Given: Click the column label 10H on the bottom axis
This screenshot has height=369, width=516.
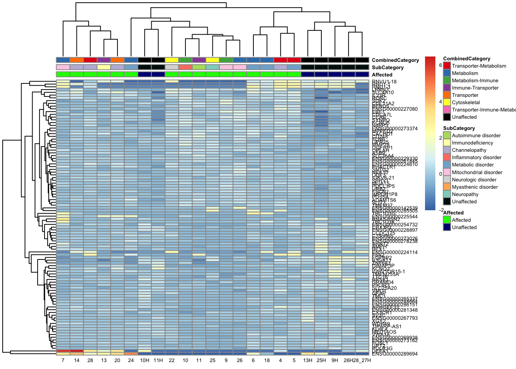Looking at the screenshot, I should (144, 361).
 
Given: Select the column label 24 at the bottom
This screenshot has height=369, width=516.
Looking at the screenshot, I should (131, 361).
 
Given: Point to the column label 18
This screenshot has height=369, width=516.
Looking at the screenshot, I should (267, 361).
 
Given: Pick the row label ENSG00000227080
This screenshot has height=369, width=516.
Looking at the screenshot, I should (395, 109).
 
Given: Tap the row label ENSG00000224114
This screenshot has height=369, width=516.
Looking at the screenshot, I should (395, 253).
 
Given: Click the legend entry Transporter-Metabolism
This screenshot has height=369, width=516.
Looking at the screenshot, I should (479, 66).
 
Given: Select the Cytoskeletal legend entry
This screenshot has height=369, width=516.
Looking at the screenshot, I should (466, 103).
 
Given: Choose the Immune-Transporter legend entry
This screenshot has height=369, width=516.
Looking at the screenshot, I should (475, 88).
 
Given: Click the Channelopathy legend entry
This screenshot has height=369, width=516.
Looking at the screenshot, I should (469, 150).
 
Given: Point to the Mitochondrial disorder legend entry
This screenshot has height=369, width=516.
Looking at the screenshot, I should (477, 173).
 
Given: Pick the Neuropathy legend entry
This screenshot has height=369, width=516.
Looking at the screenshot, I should (465, 194).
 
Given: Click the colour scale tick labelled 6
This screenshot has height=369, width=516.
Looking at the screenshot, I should (440, 65).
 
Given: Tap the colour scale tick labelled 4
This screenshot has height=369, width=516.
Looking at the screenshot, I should (440, 102).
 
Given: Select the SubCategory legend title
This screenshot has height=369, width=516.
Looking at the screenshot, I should (459, 128).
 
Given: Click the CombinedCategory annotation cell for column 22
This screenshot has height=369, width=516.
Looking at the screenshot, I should (172, 60).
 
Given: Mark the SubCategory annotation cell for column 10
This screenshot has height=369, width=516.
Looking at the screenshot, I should (185, 67).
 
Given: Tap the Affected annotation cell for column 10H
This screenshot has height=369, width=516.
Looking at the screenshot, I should (144, 75).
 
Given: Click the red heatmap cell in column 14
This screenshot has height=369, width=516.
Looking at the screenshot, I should (76, 351).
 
